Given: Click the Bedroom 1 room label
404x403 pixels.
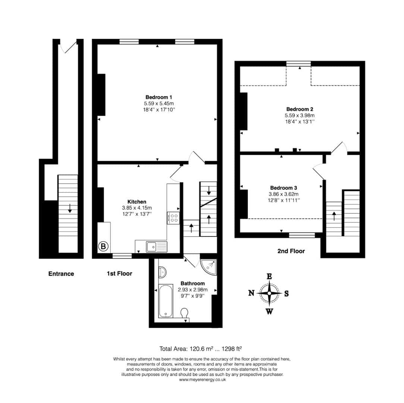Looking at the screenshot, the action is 159,97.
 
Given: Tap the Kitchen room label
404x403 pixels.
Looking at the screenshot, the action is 137,202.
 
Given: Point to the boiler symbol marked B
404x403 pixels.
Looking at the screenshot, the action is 103,247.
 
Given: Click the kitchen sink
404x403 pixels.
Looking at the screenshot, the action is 157,247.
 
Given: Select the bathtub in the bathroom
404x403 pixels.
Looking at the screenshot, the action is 166,301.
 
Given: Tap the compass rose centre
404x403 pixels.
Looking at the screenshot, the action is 269,294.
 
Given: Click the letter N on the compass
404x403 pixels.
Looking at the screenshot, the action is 251,293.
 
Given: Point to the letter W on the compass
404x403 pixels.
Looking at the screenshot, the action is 269,312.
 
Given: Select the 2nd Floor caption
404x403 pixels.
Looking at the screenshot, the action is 291,251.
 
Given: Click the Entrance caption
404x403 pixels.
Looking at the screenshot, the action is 61,274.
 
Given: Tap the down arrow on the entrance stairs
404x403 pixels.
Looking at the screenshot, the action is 69,208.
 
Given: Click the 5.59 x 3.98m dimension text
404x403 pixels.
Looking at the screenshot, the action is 300,115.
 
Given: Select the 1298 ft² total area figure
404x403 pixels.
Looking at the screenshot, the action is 232,349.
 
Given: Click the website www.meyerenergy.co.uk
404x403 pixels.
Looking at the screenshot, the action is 202,379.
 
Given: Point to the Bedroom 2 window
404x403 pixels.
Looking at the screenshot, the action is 298,63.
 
